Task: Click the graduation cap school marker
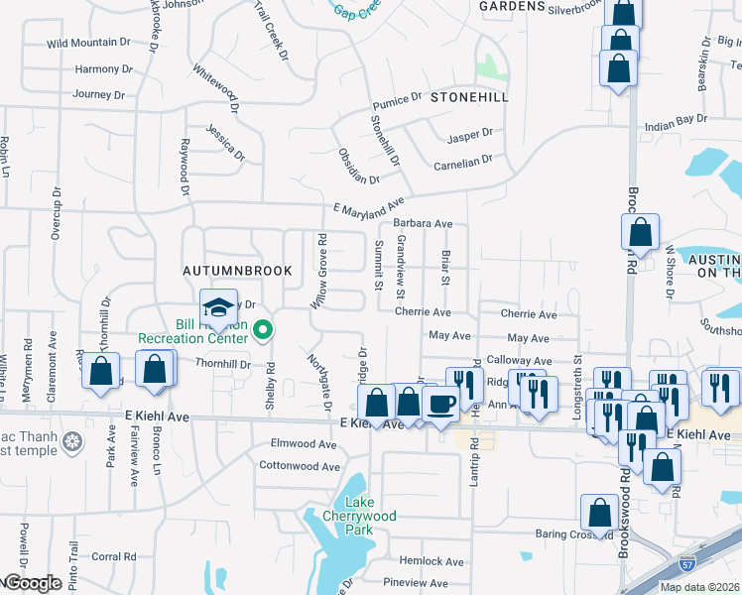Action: (x=218, y=306)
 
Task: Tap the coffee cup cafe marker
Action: (x=440, y=403)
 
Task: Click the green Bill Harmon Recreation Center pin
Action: (x=263, y=330)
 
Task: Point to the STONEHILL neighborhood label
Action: (x=469, y=97)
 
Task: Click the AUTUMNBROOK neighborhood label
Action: (x=237, y=270)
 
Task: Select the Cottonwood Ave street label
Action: (x=300, y=466)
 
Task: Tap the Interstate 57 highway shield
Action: (x=687, y=564)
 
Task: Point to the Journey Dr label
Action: (x=98, y=95)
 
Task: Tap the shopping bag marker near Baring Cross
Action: (x=599, y=514)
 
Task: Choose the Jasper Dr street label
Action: (x=470, y=134)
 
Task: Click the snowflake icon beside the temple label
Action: (x=71, y=440)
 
